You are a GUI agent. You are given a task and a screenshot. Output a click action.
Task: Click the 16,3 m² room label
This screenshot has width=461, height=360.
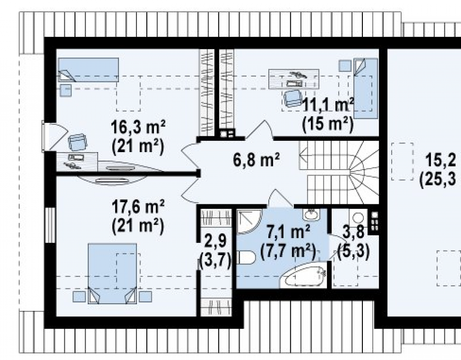[138, 127]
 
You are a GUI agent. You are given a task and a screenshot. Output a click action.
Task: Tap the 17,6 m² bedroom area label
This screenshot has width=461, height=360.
[138, 207]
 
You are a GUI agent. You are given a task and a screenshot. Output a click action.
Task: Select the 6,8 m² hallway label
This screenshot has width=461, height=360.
[256, 160]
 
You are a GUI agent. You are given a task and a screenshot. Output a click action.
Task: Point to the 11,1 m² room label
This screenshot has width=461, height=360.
[328, 105]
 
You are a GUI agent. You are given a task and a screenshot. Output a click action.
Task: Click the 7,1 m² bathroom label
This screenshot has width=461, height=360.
[288, 231]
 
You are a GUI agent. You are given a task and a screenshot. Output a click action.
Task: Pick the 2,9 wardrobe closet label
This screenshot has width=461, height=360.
[215, 241]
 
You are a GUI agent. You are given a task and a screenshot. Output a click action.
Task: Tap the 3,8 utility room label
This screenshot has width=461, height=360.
[353, 231]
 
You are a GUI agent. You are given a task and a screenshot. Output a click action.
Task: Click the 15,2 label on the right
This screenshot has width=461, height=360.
[441, 161]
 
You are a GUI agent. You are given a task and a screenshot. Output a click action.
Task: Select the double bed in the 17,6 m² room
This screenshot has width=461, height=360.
[112, 273]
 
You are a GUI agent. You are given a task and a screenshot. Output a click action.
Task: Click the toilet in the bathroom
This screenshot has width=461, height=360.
[246, 258]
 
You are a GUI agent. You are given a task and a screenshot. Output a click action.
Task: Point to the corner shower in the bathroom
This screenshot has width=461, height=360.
[249, 221]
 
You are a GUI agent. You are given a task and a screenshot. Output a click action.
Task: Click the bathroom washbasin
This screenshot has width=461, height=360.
[311, 214]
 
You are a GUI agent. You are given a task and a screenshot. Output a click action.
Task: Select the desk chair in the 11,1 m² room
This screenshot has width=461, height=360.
[293, 98]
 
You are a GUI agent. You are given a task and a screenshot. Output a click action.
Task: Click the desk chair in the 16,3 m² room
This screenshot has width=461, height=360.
[77, 142]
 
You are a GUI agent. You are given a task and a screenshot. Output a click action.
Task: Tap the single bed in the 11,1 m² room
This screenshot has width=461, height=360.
[366, 88]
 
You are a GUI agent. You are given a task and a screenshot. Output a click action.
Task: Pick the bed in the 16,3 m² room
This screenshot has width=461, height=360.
[89, 70]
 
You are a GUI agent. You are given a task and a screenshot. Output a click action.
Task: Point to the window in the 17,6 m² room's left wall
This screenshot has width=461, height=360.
[50, 225]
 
